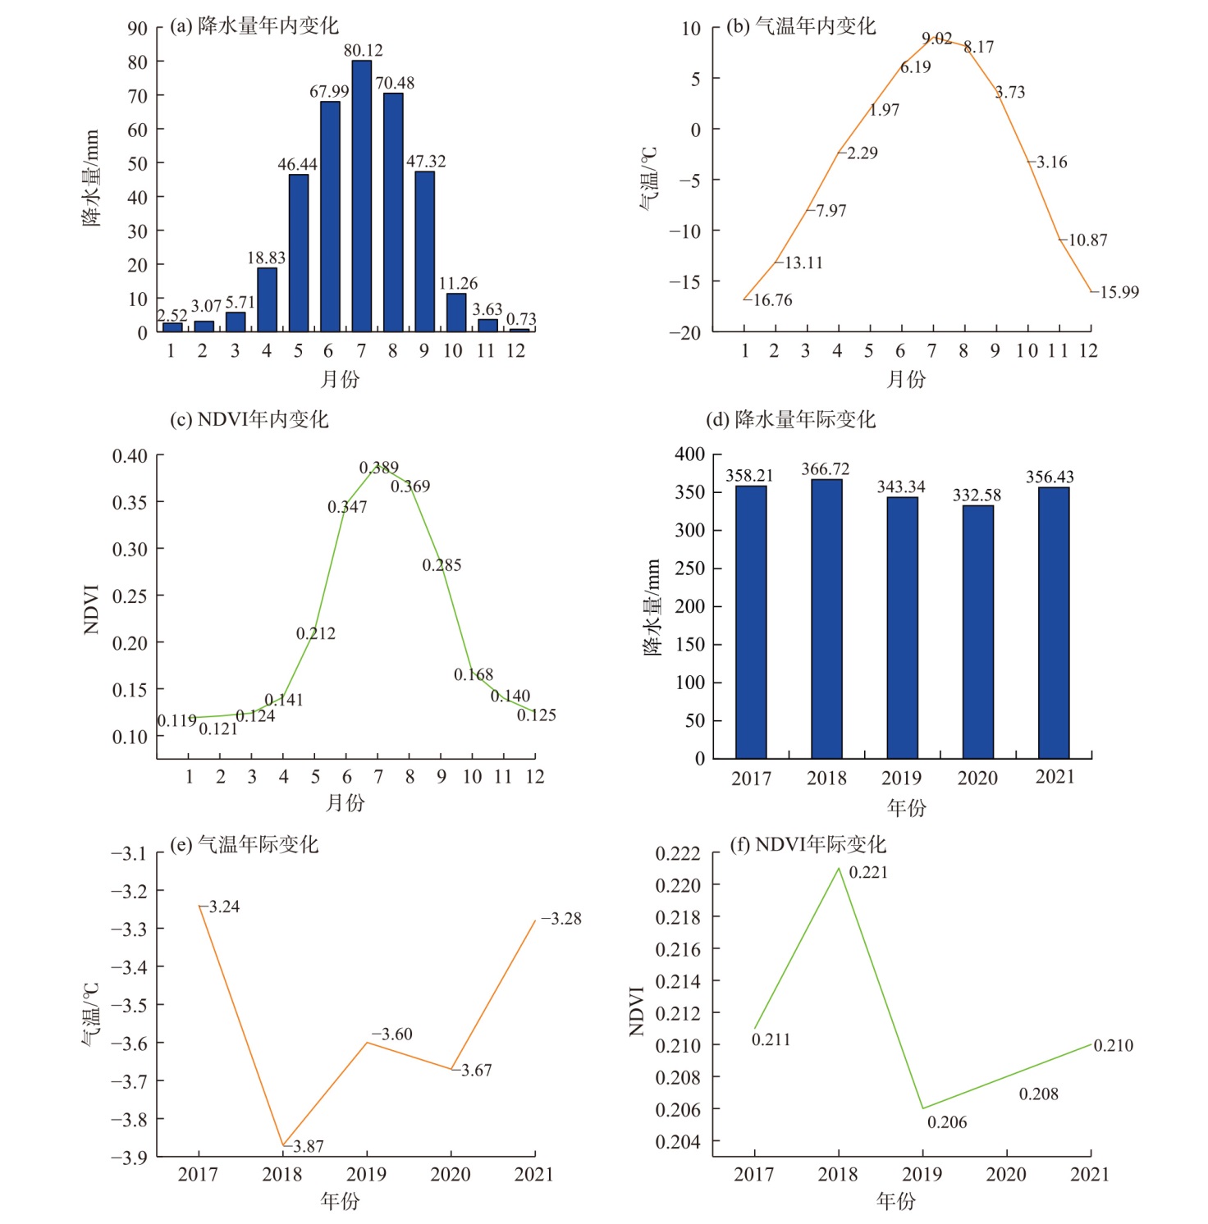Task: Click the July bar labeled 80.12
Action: click(x=361, y=197)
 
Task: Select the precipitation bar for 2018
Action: click(x=826, y=619)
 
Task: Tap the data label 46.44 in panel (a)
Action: click(x=297, y=164)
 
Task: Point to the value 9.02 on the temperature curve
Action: click(x=936, y=39)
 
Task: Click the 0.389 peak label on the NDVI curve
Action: click(x=378, y=468)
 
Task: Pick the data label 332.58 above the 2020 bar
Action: click(x=977, y=495)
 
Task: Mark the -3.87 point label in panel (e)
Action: click(x=308, y=1146)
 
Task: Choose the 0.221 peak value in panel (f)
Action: click(x=867, y=872)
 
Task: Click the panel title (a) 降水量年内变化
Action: click(x=254, y=26)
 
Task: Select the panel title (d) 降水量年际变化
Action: click(x=791, y=419)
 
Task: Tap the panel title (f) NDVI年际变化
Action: click(x=808, y=844)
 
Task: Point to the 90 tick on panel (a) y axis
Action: click(x=137, y=29)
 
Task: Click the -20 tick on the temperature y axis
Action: click(x=684, y=332)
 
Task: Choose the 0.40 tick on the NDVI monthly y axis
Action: click(x=130, y=455)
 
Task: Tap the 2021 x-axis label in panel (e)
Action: click(x=533, y=1174)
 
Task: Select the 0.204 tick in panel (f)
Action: click(x=677, y=1141)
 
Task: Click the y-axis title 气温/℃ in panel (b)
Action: click(x=648, y=179)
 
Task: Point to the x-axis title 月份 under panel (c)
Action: click(x=345, y=802)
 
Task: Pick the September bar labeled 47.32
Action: click(x=424, y=251)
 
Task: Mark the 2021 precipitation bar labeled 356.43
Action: click(x=1053, y=623)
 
